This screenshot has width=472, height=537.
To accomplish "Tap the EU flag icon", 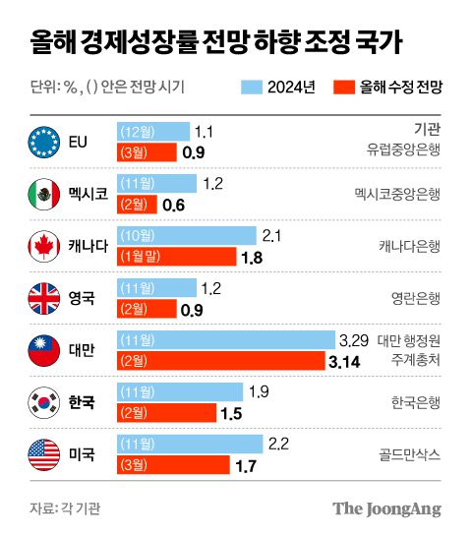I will pyautogui.click(x=45, y=141).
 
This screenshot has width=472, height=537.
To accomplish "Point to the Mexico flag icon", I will pyautogui.click(x=45, y=193).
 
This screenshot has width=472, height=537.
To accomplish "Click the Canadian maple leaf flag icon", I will pyautogui.click(x=45, y=245).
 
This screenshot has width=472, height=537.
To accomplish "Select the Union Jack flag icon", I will pyautogui.click(x=45, y=297).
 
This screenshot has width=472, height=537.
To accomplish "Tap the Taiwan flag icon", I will pyautogui.click(x=45, y=349).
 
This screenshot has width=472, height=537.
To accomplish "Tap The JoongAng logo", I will pyautogui.click(x=385, y=508).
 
